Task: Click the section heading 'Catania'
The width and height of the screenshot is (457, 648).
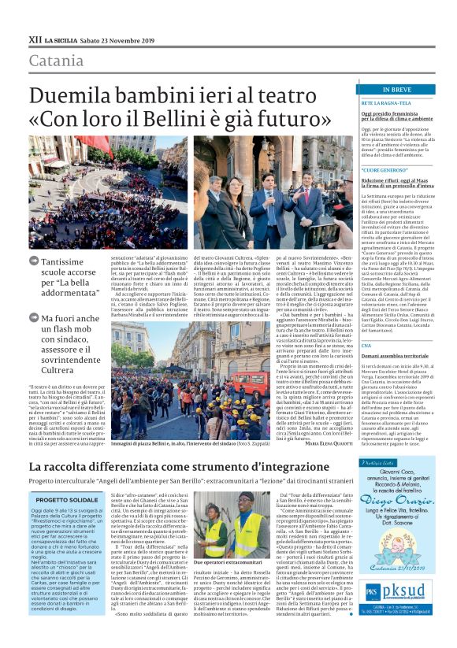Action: [x=56, y=61]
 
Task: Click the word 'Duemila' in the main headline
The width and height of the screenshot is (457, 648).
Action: [x=72, y=96]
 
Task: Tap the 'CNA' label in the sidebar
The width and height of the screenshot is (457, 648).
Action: [x=365, y=323]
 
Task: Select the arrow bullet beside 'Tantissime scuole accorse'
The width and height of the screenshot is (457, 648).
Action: [x=32, y=261]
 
